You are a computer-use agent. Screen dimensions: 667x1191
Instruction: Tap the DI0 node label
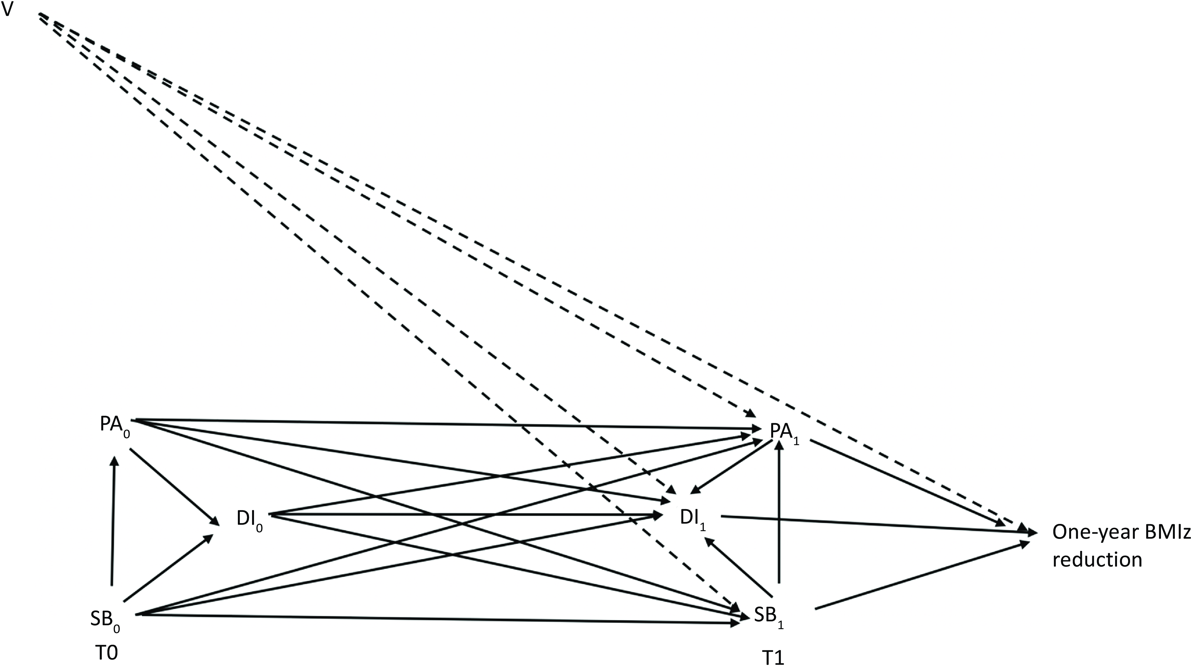click(249, 520)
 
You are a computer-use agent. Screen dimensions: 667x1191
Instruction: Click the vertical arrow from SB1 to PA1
click(780, 511)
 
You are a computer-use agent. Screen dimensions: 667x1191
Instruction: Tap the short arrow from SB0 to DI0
click(168, 568)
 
